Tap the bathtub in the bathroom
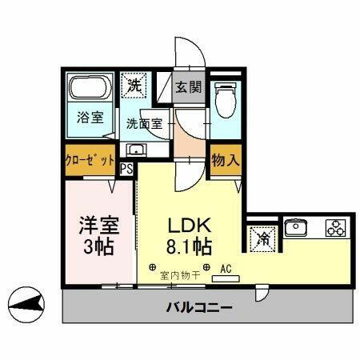[x=90, y=88]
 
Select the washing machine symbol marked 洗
[x=134, y=84]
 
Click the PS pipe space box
[x=126, y=169]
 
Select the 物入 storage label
[x=224, y=159]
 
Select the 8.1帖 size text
[x=189, y=246]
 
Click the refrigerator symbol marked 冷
[x=261, y=238]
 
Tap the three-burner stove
[x=334, y=229]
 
